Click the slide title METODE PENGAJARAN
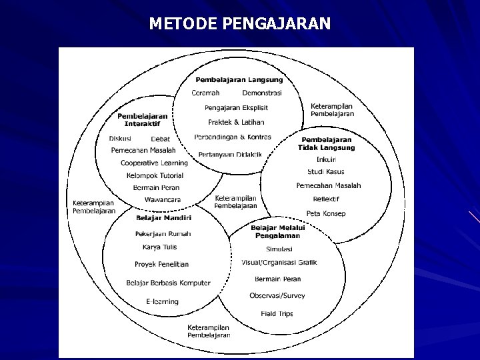pos(239,24)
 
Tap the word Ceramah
pos(205,93)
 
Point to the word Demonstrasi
pos(261,93)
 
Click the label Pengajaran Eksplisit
pos(236,107)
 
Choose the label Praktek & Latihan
pos(236,122)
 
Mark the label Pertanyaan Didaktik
pos(230,155)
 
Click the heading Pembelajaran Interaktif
pos(143,119)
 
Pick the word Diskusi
pos(120,139)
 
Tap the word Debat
pos(160,139)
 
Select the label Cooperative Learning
pos(154,163)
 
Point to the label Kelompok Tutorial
pos(155,175)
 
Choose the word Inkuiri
pos(326,159)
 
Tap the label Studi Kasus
pos(326,171)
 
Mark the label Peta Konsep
pos(326,213)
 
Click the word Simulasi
pos(279,249)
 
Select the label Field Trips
pos(277,313)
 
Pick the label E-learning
pos(162,301)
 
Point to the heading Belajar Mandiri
pos(163,218)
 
